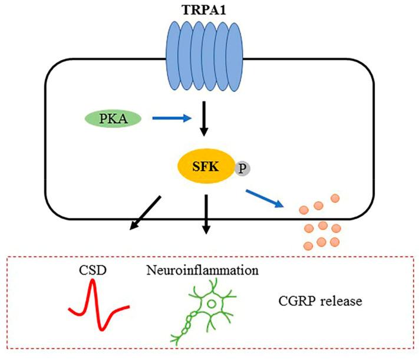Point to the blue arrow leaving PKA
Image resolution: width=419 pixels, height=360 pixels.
click(x=171, y=119)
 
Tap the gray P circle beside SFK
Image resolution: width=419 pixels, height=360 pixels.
click(x=242, y=169)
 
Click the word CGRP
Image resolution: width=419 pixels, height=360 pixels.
click(x=294, y=302)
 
